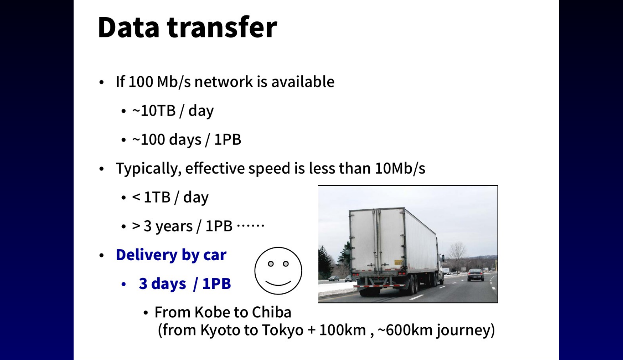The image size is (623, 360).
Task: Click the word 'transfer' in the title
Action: (x=222, y=27)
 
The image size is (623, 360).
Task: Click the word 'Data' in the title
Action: (x=128, y=27)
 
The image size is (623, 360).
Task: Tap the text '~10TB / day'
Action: (x=173, y=111)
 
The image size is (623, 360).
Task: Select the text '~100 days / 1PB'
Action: (x=187, y=139)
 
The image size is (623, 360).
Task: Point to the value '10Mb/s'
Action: (x=400, y=168)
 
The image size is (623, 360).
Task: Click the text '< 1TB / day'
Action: (x=170, y=197)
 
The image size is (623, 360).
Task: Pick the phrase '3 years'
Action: (x=168, y=226)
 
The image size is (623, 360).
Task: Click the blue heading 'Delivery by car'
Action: (x=171, y=255)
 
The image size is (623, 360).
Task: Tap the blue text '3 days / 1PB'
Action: (x=185, y=284)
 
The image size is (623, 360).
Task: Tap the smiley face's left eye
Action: (x=271, y=264)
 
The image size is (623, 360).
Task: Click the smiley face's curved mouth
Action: (x=278, y=283)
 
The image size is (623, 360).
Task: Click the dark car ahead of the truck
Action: (x=475, y=274)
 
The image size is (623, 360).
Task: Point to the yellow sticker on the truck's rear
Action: (x=398, y=262)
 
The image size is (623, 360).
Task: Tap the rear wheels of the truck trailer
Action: (x=414, y=285)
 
